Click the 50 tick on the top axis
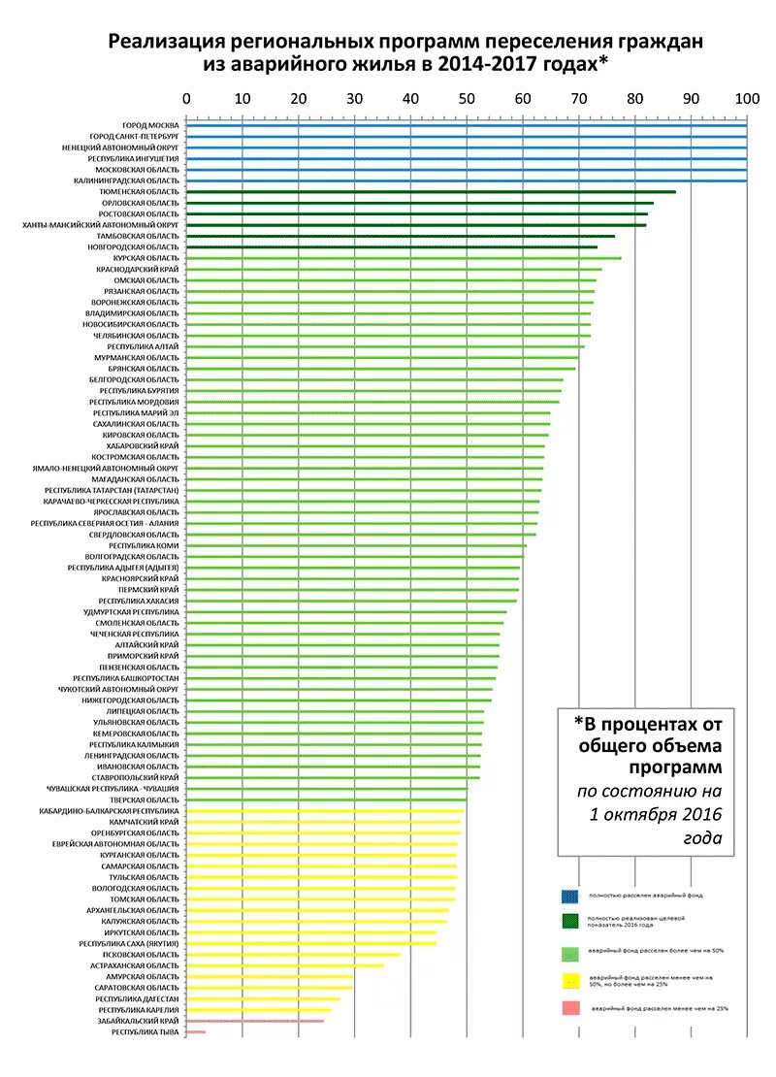467,98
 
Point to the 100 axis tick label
746,98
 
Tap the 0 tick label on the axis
186,98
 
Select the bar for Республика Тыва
195,1031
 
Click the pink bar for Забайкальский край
254,1021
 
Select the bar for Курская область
403,258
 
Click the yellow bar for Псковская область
291,955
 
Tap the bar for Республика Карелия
258,1010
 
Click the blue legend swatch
573,897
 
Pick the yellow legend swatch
573,981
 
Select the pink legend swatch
573,1009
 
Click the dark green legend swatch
573,923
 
